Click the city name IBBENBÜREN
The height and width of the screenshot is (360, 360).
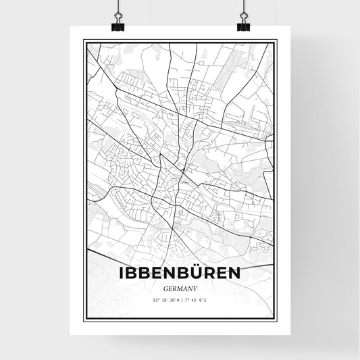180,273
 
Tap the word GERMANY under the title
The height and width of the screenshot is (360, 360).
180,287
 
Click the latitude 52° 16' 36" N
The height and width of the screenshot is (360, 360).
164,299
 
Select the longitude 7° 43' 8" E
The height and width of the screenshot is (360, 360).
195,299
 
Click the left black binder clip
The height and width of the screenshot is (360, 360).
118,24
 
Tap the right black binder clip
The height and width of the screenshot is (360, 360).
242,24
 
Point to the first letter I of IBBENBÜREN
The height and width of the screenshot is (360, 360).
122,273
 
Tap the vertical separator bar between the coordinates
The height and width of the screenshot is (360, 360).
180,299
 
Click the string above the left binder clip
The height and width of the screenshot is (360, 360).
118,5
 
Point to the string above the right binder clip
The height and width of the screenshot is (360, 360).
242,5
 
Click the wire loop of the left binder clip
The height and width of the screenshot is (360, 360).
118,16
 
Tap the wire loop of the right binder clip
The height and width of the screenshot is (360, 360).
242,16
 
